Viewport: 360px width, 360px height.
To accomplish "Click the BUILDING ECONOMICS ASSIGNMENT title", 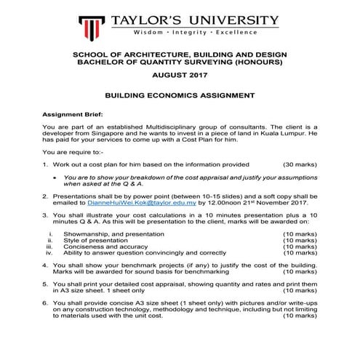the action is [x=180, y=95].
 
